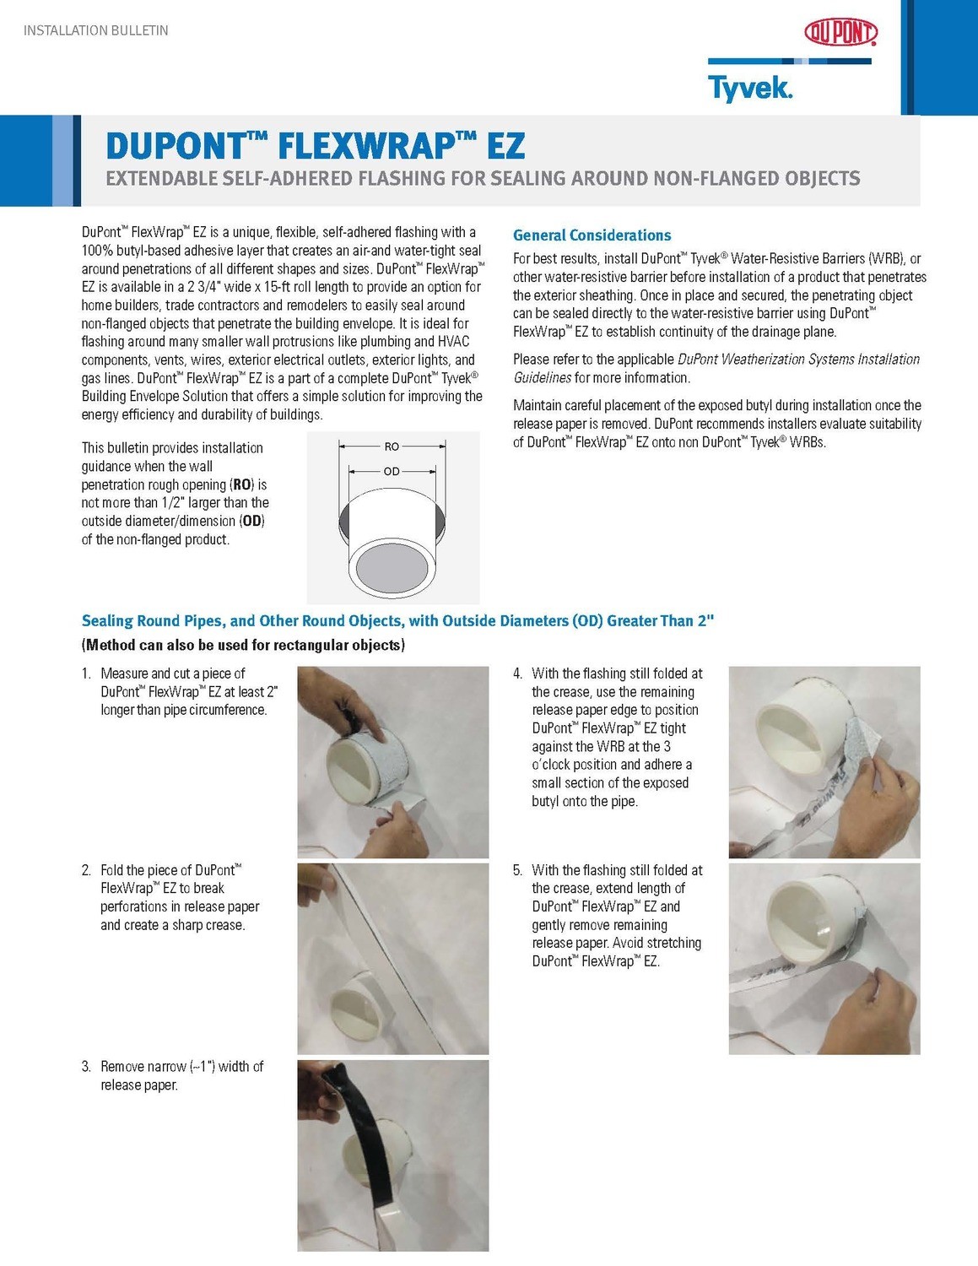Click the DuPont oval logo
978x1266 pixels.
pos(840,32)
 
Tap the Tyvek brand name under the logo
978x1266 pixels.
pos(749,88)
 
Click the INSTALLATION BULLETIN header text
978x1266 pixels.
pos(95,30)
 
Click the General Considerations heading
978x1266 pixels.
pos(592,235)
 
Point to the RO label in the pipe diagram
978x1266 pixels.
pos(392,446)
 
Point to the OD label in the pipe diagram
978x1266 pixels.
pos(392,471)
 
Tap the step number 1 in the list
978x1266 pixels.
pos(86,674)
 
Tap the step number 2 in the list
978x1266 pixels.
pos(86,870)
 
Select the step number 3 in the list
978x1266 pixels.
pos(86,1067)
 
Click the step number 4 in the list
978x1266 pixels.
pos(517,674)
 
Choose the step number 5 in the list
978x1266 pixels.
pos(517,870)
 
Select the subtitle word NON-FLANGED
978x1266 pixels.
pos(716,179)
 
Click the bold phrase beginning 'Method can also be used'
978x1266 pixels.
pos(243,646)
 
